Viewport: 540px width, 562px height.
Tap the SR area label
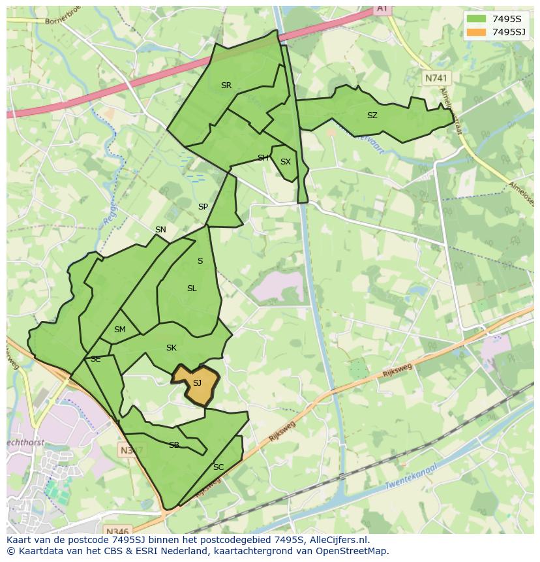tap(226, 86)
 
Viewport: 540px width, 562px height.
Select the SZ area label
tap(372, 116)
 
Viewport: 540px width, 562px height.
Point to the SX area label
tap(285, 162)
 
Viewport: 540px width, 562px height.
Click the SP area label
tap(203, 207)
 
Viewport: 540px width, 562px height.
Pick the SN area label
tap(160, 230)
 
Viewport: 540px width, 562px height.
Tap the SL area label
tap(192, 289)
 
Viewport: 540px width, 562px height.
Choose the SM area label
tap(119, 330)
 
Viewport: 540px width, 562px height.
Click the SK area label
tap(172, 348)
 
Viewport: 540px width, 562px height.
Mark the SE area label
tap(95, 359)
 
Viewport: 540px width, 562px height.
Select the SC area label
tap(218, 467)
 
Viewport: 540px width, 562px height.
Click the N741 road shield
tap(436, 78)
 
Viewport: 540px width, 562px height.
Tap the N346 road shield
tap(117, 531)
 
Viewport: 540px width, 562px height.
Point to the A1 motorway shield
tap(382, 8)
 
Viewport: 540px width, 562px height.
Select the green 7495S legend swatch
tap(476, 18)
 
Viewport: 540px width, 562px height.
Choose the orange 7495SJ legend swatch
tap(476, 32)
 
